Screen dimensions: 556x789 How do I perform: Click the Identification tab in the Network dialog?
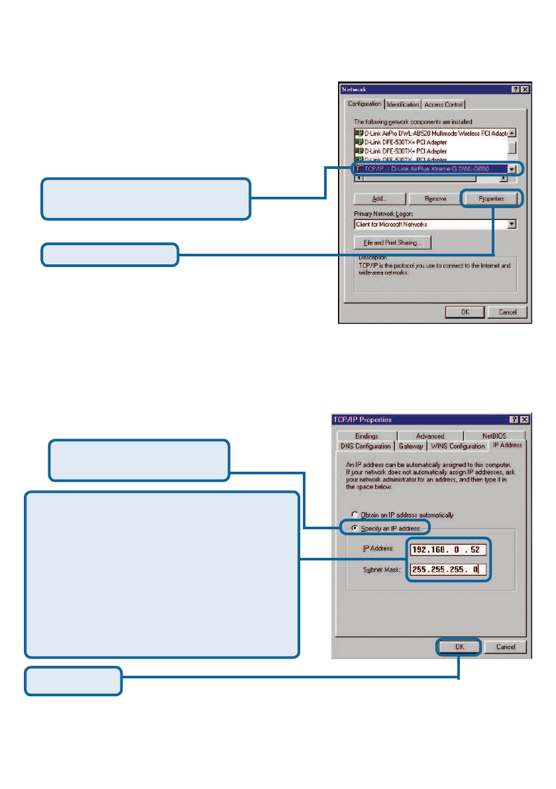point(404,105)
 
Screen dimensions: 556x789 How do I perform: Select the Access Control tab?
point(444,105)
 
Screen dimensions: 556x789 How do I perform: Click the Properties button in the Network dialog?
point(492,198)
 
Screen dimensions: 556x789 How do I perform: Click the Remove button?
point(435,198)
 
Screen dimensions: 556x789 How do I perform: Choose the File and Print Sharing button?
point(392,243)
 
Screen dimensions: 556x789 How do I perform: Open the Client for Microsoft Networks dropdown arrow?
point(511,225)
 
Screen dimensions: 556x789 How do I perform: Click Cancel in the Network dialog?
point(507,312)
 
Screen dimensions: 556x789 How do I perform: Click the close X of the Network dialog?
point(525,89)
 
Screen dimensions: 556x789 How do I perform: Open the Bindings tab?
point(366,436)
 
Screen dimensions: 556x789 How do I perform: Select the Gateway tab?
point(411,446)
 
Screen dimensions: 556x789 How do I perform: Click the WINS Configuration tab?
point(458,446)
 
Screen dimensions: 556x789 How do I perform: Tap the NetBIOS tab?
point(494,436)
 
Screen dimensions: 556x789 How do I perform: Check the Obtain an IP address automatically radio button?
point(355,515)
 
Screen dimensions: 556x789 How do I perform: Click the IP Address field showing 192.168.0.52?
point(449,550)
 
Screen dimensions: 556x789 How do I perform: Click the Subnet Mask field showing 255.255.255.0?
point(449,570)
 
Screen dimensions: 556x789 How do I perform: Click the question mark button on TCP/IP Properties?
point(514,420)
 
